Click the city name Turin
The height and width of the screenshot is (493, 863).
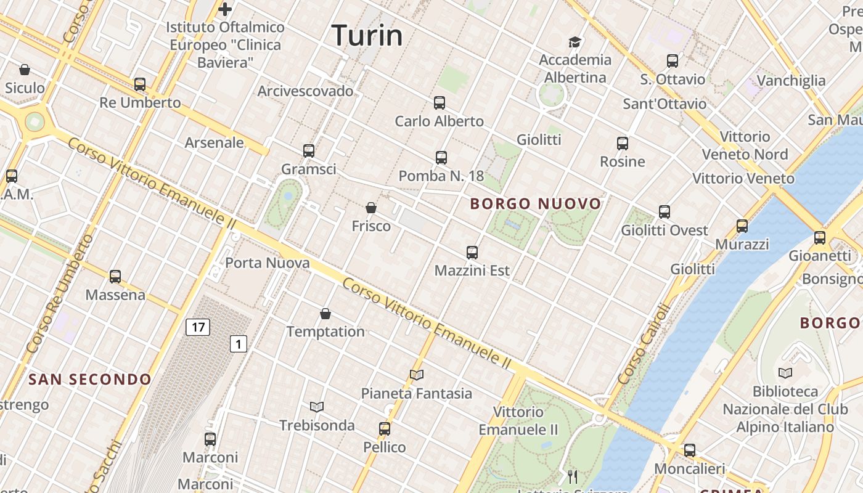pos(367,35)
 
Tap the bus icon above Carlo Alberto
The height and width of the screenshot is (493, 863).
pos(440,103)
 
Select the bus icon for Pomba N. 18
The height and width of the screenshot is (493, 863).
pos(441,158)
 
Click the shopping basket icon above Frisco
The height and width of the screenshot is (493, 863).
pos(371,208)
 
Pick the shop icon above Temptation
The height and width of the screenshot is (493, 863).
pos(325,314)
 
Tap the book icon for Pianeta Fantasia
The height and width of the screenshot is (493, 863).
pos(417,375)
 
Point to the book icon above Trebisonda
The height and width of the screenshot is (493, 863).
pos(317,407)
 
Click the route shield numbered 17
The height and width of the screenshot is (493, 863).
pos(198,327)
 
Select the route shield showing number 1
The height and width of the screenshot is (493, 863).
pos(239,344)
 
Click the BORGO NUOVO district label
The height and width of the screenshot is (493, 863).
pos(535,203)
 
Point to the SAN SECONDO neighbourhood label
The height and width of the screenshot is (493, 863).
pos(90,379)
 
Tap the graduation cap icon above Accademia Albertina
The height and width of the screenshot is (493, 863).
pos(575,42)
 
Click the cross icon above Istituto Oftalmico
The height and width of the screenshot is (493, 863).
pos(225,9)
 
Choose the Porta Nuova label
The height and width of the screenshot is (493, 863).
pos(268,263)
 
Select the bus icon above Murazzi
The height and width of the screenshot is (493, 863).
pos(742,226)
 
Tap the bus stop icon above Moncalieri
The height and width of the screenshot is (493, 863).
pos(690,450)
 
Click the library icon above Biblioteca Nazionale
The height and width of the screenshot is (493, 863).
pos(785,373)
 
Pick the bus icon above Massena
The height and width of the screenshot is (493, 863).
pos(115,277)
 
